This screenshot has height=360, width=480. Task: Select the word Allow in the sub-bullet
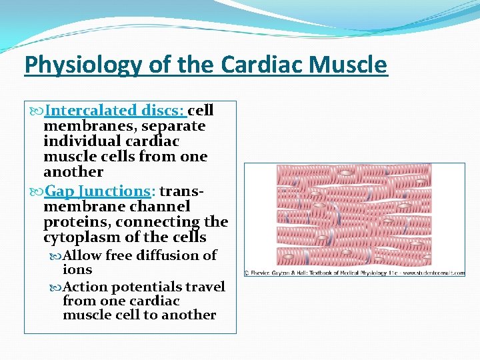(x=83, y=255)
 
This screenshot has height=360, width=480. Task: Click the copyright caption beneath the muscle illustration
(x=354, y=273)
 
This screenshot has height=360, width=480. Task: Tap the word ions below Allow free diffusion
(x=77, y=270)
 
